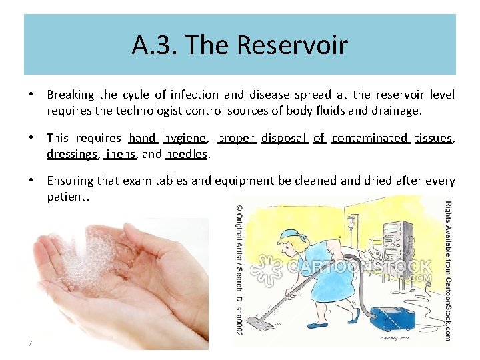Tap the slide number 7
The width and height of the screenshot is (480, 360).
click(x=31, y=343)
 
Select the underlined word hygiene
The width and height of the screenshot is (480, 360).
click(x=185, y=138)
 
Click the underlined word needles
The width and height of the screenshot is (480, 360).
click(x=187, y=154)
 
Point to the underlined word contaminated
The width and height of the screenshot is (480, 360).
click(x=369, y=138)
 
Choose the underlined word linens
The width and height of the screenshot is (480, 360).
click(x=120, y=154)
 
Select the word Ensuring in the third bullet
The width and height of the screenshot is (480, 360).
click(x=69, y=181)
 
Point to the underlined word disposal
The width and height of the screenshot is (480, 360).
click(x=283, y=138)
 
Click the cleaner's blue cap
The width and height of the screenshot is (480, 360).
click(x=292, y=235)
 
